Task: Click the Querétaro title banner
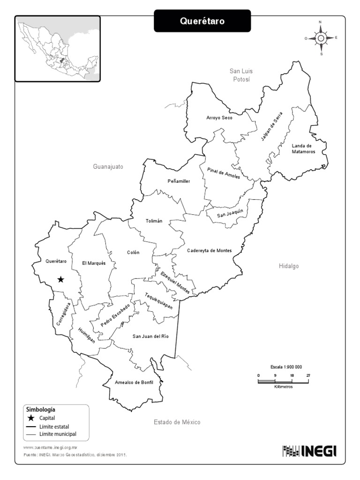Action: tap(202, 21)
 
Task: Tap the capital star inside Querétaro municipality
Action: tap(60, 279)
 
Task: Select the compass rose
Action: tap(321, 38)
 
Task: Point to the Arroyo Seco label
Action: tap(219, 118)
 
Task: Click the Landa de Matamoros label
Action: tap(303, 149)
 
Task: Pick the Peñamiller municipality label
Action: tap(179, 181)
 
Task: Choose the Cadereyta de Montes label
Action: tap(210, 250)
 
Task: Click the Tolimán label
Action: tap(154, 221)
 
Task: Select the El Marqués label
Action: tap(94, 263)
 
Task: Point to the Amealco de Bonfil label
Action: tap(135, 382)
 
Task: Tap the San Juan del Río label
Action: tap(150, 336)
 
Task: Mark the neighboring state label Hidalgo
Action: tap(289, 266)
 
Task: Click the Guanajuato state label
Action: tap(108, 166)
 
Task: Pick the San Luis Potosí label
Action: tap(241, 75)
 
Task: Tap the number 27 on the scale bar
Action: tap(308, 375)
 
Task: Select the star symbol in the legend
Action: tap(31, 418)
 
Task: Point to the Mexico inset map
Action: tap(58, 49)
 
